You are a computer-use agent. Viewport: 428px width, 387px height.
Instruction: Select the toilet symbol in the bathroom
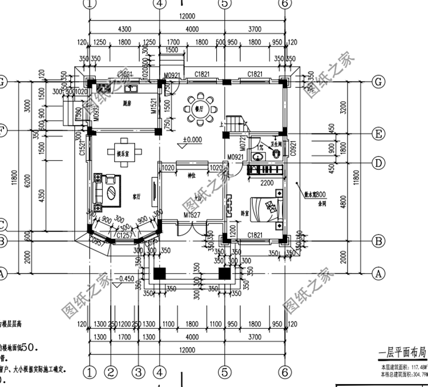(x=276, y=153)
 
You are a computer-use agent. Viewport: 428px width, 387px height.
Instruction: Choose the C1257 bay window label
(x=125, y=235)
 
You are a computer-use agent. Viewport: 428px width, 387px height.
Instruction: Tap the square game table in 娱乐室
(x=123, y=144)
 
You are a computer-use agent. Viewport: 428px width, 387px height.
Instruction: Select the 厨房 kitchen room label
(x=127, y=104)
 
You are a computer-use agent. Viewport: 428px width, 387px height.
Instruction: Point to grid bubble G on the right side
(x=377, y=82)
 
